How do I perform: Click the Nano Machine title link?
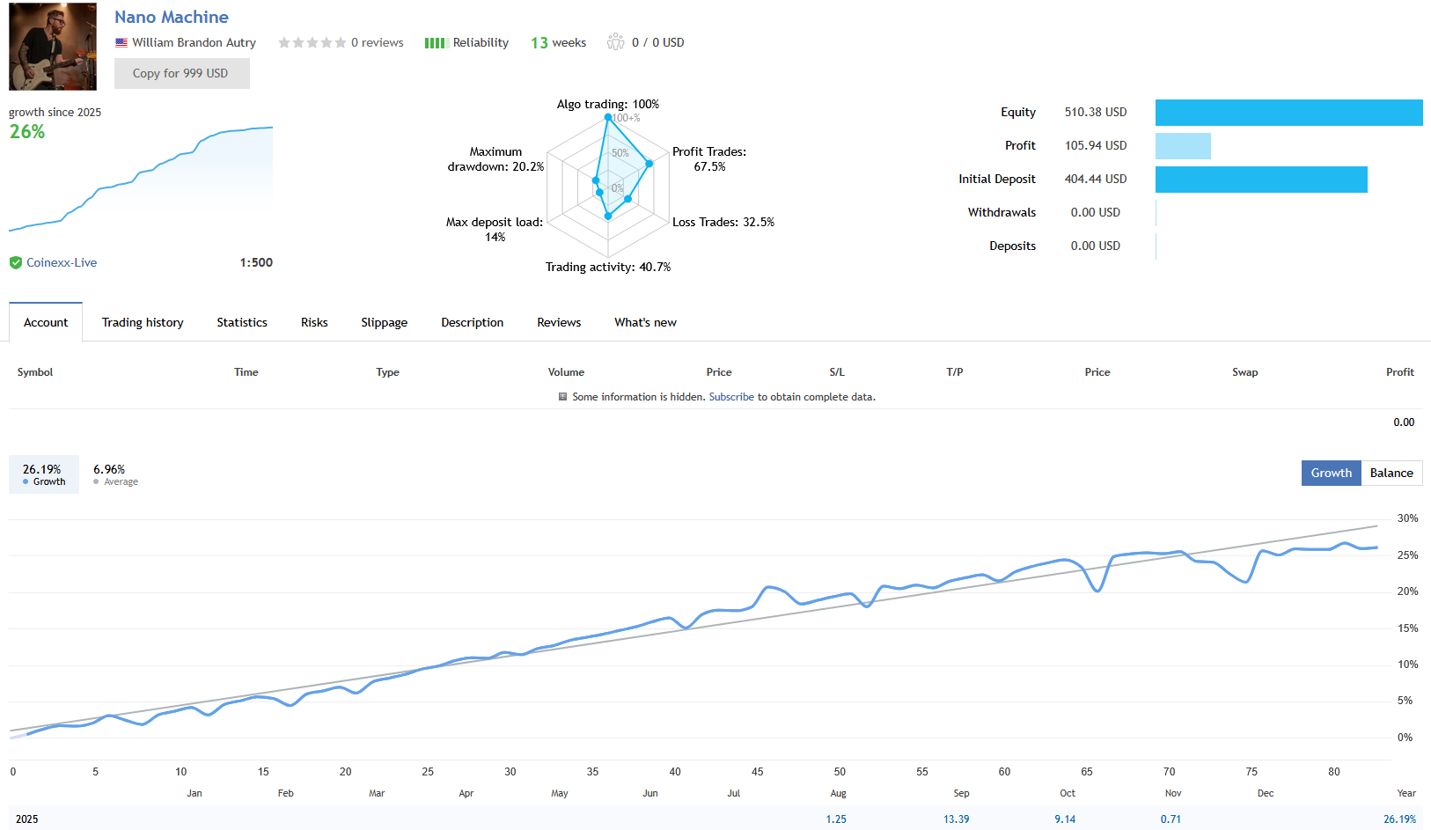172,17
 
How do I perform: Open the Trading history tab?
143,322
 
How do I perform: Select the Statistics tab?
242,322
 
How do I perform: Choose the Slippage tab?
384,322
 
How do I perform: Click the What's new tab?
645,322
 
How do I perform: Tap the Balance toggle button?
1391,473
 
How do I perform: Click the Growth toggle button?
1331,473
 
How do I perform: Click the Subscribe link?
731,397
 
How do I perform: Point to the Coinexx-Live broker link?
62,262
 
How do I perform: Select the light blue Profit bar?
1183,146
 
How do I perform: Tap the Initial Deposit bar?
1261,180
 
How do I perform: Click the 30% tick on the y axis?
1407,518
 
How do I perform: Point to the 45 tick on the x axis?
757,772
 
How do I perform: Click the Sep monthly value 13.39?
956,819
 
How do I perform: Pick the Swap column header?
1244,372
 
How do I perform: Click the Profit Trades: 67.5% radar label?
709,158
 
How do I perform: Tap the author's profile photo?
53,47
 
